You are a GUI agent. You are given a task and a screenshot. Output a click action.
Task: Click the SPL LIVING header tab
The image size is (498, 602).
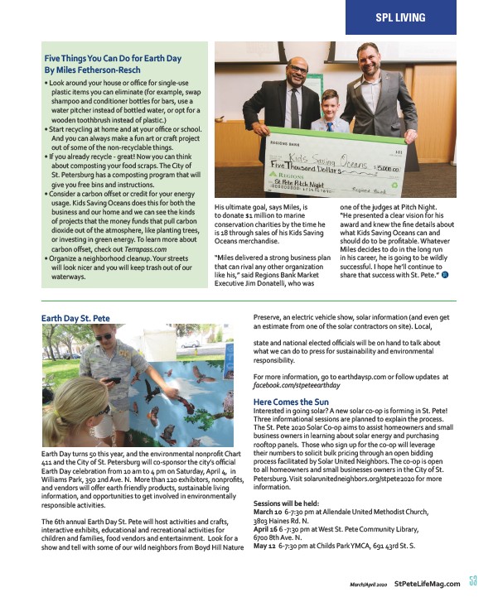click(399, 17)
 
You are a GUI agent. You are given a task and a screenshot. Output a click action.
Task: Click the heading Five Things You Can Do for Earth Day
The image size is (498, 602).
click(113, 58)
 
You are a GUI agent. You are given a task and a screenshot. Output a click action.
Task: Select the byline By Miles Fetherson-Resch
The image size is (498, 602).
click(95, 70)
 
